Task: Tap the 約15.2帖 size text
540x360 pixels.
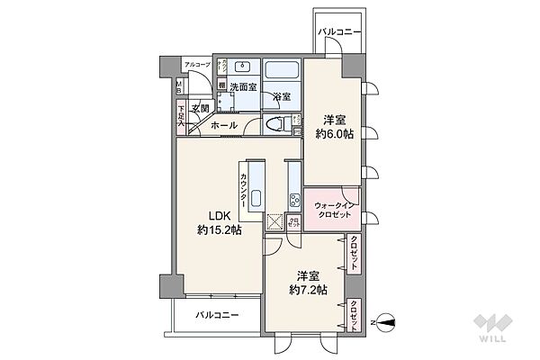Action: pyautogui.click(x=220, y=230)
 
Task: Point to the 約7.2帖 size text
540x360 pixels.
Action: pyautogui.click(x=306, y=290)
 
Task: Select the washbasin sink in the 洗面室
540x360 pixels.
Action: pyautogui.click(x=242, y=67)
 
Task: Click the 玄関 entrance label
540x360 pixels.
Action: pyautogui.click(x=200, y=109)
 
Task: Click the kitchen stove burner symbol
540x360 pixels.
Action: pyautogui.click(x=294, y=198)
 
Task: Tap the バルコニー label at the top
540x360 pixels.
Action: pyautogui.click(x=339, y=31)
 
